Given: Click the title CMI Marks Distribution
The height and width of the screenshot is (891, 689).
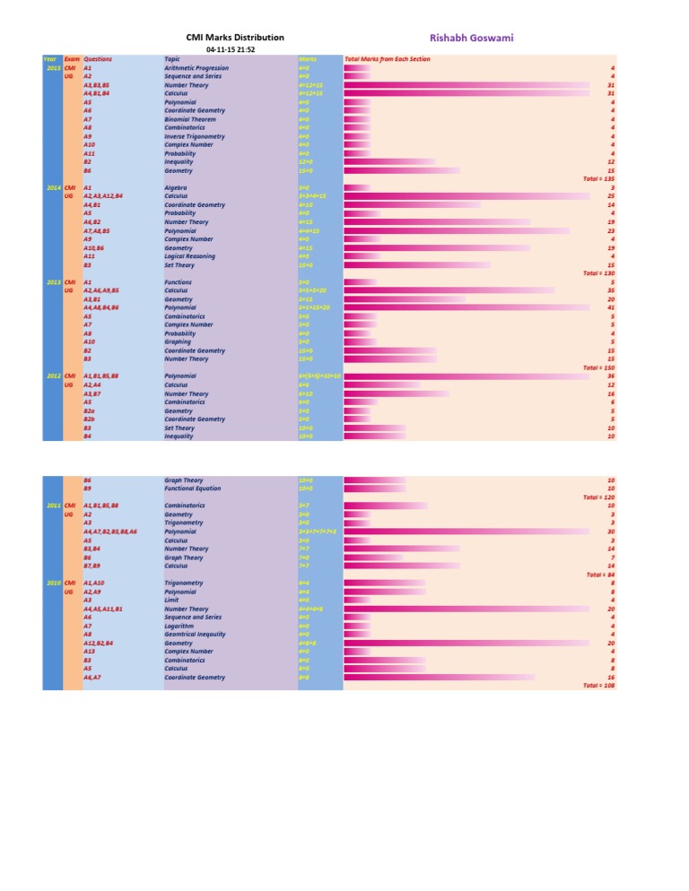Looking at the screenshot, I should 234,38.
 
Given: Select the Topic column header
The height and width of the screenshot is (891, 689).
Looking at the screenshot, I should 172,59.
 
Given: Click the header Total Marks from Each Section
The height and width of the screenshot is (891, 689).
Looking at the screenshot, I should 388,59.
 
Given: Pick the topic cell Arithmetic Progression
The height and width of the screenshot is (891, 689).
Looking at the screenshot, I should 197,68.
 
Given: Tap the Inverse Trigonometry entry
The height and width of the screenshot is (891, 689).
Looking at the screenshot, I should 195,136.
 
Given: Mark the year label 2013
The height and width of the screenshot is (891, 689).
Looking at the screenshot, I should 52,282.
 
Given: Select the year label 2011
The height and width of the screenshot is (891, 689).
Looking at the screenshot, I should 52,506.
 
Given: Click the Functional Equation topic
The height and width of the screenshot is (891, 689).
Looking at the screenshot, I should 193,489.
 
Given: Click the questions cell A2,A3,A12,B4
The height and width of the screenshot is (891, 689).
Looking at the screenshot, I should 103,196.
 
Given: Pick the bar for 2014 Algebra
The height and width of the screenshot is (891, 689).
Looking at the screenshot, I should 358,188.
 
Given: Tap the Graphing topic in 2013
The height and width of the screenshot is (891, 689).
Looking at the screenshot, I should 179,342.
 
